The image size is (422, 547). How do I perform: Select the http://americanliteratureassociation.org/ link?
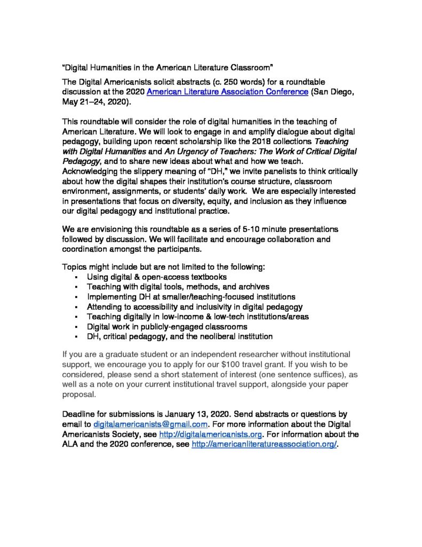click(x=264, y=444)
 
